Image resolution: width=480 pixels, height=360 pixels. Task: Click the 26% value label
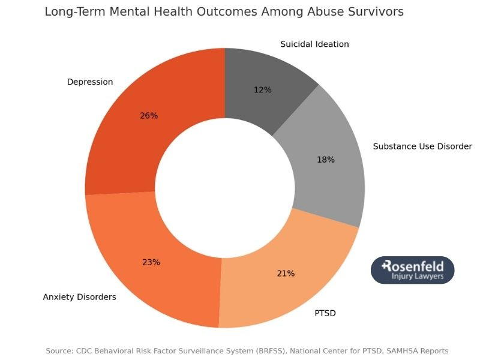pyautogui.click(x=149, y=116)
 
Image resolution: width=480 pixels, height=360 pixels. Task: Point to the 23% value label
pyautogui.click(x=151, y=262)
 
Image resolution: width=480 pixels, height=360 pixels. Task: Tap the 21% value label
pyautogui.click(x=286, y=274)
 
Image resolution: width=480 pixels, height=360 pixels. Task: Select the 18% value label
pyautogui.click(x=326, y=160)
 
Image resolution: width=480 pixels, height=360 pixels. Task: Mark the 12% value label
pyautogui.click(x=263, y=90)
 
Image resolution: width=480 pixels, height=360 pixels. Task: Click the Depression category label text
pyautogui.click(x=90, y=82)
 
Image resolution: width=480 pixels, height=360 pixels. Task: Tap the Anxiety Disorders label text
pyautogui.click(x=80, y=297)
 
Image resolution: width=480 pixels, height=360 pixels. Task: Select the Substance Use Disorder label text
pyautogui.click(x=422, y=146)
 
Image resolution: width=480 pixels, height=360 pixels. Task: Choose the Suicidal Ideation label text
pyautogui.click(x=314, y=44)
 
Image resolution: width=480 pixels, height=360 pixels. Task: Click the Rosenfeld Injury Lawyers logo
pyautogui.click(x=413, y=270)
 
